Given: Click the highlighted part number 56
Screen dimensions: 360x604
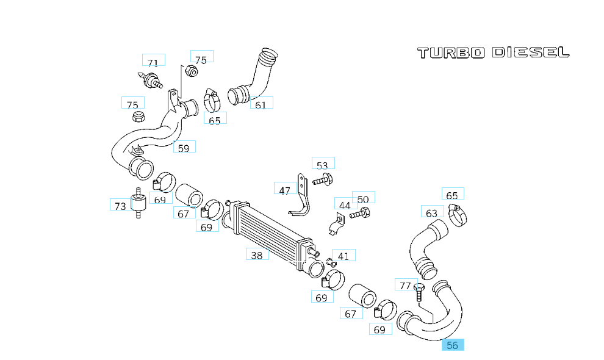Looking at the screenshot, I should pyautogui.click(x=453, y=345).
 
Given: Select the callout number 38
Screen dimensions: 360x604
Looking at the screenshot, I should pyautogui.click(x=257, y=255).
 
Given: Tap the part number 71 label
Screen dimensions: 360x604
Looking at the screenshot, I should pyautogui.click(x=153, y=62).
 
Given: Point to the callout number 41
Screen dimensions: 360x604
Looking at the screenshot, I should pyautogui.click(x=343, y=256).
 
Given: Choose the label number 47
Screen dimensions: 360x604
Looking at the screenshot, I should pyautogui.click(x=285, y=190).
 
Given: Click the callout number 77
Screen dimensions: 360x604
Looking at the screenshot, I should pyautogui.click(x=405, y=285).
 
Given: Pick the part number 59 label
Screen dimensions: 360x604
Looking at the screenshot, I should pyautogui.click(x=184, y=147).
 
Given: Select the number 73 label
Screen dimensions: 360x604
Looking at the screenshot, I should pyautogui.click(x=120, y=206).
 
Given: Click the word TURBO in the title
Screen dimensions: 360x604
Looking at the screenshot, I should pyautogui.click(x=451, y=52).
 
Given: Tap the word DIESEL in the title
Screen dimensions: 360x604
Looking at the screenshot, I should pyautogui.click(x=530, y=52).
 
